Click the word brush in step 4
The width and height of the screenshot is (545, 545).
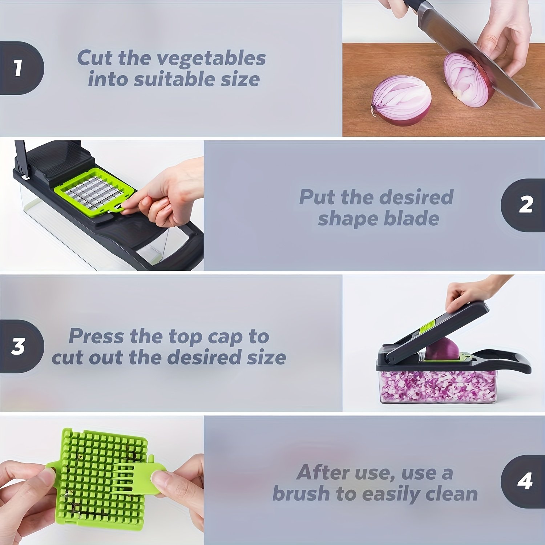pos(302,494)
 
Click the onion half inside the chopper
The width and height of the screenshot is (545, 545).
pos(442,349)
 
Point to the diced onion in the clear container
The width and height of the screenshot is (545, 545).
pos(436,387)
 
